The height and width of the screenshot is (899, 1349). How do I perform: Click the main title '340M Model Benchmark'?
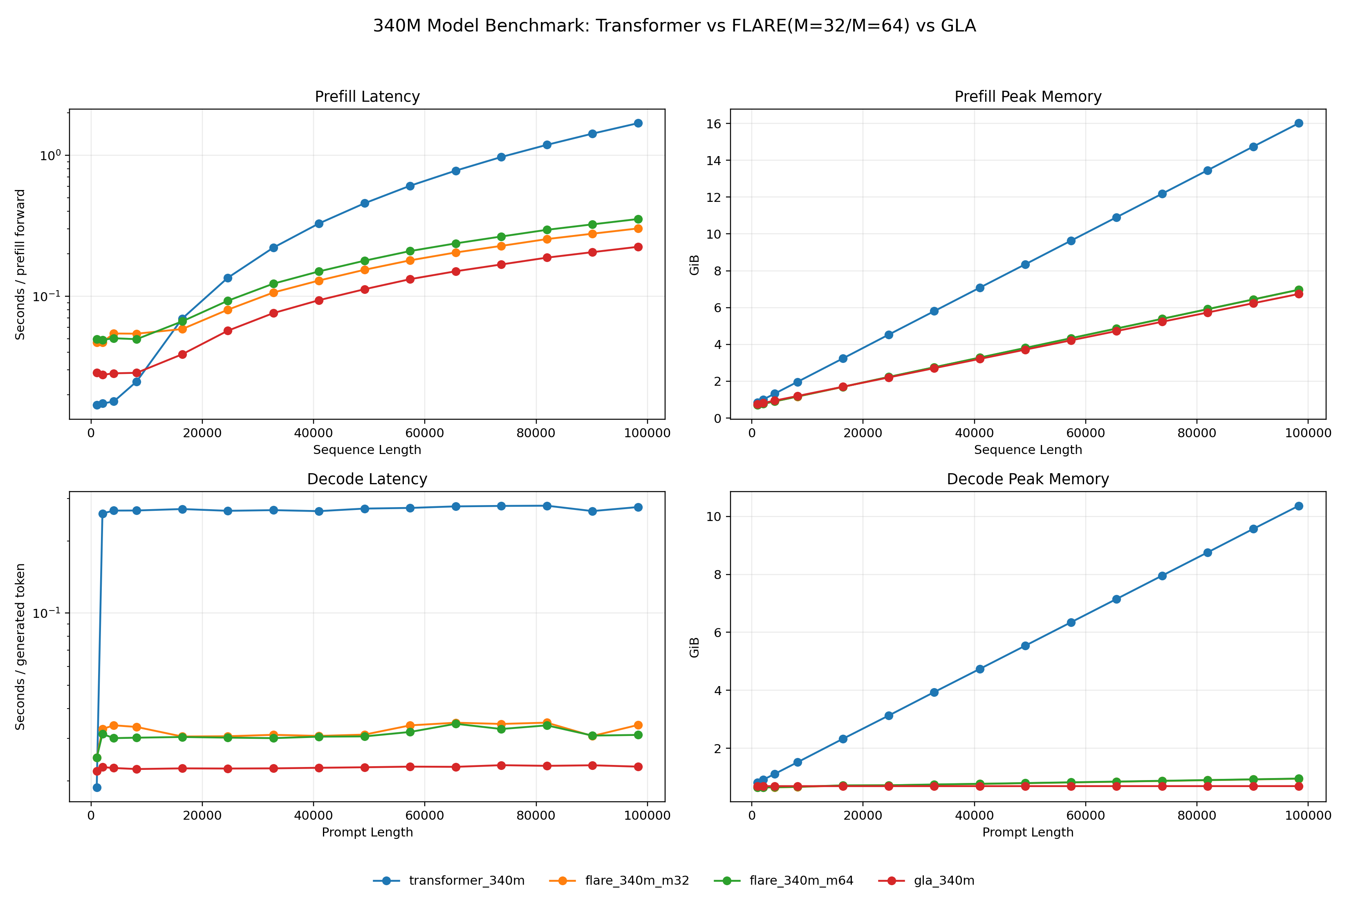point(674,26)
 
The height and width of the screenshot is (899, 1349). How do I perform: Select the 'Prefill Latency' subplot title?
point(367,96)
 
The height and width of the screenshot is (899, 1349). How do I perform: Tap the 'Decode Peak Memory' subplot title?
point(1028,479)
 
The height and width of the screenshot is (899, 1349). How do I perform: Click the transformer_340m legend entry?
point(448,880)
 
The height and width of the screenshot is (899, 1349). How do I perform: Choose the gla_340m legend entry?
point(926,880)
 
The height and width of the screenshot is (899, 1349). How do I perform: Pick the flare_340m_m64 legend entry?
point(784,880)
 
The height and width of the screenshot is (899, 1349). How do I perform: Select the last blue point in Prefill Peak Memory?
point(1299,123)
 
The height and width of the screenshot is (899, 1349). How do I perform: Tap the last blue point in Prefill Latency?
point(638,123)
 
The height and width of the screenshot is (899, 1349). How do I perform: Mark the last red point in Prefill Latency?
point(638,247)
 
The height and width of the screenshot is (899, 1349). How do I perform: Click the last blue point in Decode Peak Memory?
point(1299,506)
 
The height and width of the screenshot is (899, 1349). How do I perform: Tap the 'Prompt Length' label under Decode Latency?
point(367,832)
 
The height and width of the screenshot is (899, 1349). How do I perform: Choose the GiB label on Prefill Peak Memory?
point(694,264)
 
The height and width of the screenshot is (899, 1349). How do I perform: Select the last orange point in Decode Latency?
point(638,725)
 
